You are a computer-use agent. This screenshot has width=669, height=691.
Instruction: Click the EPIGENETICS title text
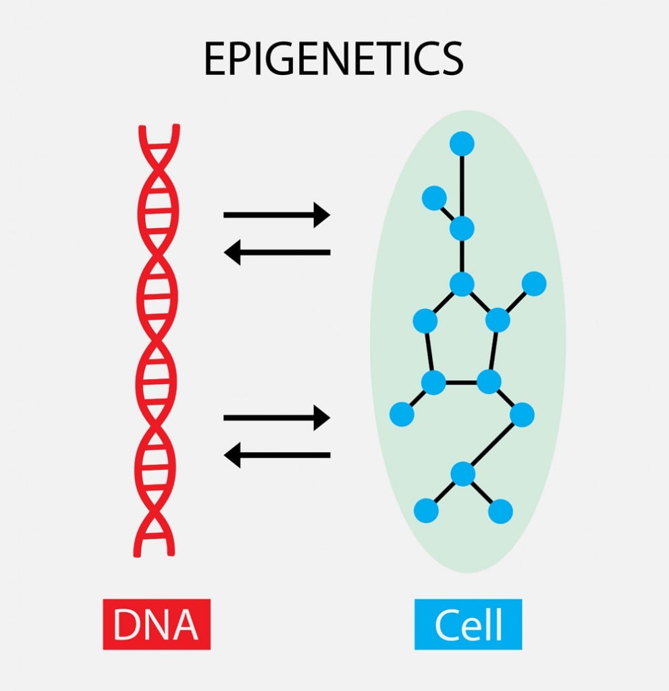click(x=333, y=59)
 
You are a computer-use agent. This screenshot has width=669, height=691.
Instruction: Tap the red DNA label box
click(x=157, y=624)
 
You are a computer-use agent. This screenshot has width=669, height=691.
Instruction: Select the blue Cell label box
click(x=468, y=624)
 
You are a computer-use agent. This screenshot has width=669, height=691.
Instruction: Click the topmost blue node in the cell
click(x=462, y=143)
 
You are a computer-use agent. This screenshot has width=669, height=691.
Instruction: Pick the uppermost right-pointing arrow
click(x=277, y=215)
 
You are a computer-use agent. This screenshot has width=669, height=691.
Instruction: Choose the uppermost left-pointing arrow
click(x=277, y=253)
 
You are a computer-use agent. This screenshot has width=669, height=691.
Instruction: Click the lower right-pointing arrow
click(x=277, y=418)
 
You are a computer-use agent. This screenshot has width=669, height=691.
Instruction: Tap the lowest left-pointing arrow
click(x=277, y=456)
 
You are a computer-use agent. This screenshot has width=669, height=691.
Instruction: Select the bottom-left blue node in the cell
click(x=426, y=510)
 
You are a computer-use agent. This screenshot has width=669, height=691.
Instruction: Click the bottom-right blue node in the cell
click(x=500, y=511)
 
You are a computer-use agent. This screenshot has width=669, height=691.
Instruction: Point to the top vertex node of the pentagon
click(x=462, y=284)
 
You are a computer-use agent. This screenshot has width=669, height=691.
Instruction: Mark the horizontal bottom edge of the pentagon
click(x=460, y=382)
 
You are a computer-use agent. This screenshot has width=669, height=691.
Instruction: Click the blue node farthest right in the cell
click(x=534, y=283)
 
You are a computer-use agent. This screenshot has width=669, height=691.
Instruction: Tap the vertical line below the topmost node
click(x=462, y=186)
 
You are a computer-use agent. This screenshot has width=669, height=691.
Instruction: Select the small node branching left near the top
click(x=433, y=198)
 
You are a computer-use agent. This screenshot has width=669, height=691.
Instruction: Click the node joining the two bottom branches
click(x=463, y=474)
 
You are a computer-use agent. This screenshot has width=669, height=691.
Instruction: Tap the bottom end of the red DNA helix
click(x=156, y=550)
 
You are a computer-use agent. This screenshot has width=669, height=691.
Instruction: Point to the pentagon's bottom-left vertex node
click(x=433, y=382)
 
